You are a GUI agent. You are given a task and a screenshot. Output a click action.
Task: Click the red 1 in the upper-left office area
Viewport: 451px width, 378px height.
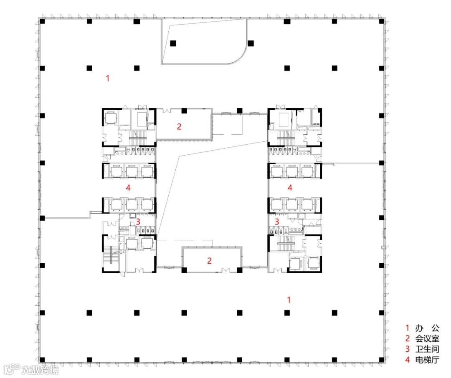pos(108,78)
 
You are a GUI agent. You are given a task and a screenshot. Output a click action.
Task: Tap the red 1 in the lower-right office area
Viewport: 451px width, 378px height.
pos(289,300)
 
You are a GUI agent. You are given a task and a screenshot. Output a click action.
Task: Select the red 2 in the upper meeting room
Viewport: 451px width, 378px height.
pos(179,126)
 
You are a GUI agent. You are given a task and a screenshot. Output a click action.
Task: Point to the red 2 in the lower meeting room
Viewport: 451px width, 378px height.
pos(209,261)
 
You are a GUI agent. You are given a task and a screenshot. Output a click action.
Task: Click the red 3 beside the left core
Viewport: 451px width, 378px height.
pos(138,222)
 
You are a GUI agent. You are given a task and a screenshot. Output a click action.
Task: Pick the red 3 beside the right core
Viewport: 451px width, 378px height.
pos(277,222)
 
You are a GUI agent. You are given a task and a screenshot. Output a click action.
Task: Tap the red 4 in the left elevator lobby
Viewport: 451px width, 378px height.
pos(128,188)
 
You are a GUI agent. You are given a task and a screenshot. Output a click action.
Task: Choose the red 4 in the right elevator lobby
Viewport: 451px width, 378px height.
pos(290,188)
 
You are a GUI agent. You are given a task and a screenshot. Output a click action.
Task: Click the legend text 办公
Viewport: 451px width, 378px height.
pos(427,328)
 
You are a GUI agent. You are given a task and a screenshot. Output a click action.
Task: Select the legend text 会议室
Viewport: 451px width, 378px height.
pos(427,338)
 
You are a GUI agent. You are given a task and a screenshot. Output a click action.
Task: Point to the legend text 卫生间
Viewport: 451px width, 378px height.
pos(427,349)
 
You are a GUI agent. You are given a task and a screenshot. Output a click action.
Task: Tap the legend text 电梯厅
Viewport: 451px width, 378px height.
pos(427,360)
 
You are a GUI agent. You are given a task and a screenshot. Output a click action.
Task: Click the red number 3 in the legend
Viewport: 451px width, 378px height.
pos(407,349)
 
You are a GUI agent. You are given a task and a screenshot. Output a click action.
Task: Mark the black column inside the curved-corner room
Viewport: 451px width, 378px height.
pos(173,43)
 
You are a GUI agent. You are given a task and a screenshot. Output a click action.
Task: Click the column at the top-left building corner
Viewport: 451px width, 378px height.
pos(42,21)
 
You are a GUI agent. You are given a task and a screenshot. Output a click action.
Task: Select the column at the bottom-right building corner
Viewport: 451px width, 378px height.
pos(381,360)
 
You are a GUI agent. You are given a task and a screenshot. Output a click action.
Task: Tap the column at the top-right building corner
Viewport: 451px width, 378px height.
pos(381,21)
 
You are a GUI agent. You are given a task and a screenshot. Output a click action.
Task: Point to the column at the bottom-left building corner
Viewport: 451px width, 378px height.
pos(42,360)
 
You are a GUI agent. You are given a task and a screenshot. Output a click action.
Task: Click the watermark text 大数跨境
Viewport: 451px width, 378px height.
pos(40,370)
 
